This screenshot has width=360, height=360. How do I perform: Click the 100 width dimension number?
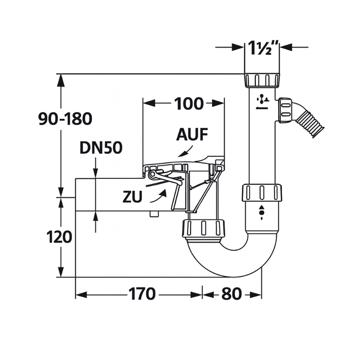point(189,104)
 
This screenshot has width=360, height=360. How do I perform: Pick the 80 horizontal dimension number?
point(231,294)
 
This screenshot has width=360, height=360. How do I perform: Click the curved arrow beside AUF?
point(184,150)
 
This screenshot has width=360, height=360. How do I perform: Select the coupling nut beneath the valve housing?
point(203,228)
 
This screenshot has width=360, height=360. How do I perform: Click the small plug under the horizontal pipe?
point(152,214)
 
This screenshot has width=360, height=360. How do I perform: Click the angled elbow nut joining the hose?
point(285,110)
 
